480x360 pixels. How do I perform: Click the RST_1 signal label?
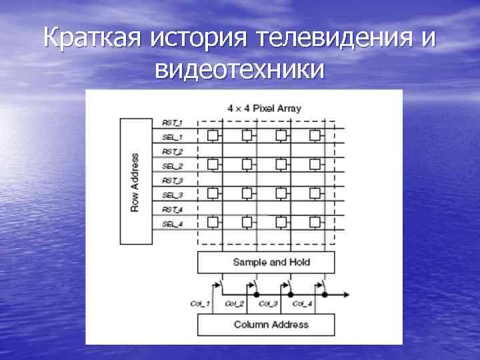click(172, 123)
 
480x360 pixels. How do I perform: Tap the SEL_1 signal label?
click(172, 137)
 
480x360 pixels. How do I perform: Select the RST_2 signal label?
click(172, 152)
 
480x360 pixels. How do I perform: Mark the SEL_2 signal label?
click(172, 166)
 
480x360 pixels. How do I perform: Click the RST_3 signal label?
click(172, 181)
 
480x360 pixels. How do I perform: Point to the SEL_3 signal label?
click(172, 195)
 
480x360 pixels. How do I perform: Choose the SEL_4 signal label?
click(172, 224)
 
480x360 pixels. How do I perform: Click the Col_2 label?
click(235, 304)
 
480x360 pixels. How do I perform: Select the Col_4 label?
click(301, 304)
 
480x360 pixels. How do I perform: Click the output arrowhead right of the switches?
click(348, 294)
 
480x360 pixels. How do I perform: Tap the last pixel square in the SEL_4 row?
click(314, 221)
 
